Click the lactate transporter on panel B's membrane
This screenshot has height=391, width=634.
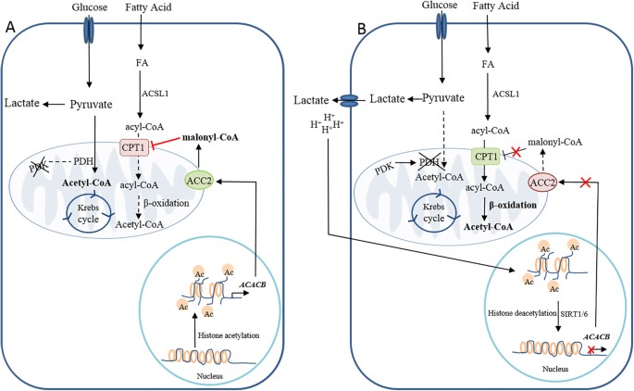tap(351, 99)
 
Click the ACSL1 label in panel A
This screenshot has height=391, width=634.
tap(155, 93)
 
